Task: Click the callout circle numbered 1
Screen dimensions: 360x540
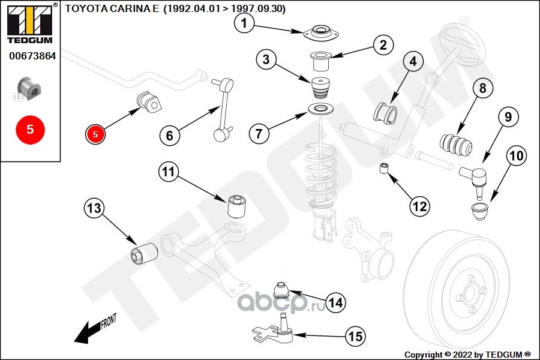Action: (x=244, y=23)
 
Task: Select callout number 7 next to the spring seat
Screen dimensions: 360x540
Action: (x=259, y=133)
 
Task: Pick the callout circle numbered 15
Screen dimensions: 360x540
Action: (x=356, y=337)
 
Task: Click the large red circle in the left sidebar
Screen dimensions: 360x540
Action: (x=30, y=128)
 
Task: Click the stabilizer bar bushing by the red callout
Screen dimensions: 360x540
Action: (x=150, y=101)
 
